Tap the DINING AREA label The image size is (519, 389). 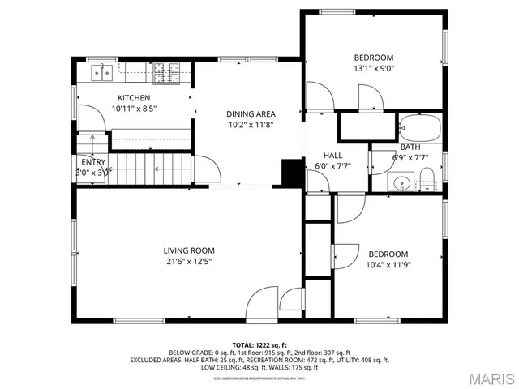pos(250,114)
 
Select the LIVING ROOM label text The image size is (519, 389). pos(188,250)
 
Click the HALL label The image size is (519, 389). pos(332,156)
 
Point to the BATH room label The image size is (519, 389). pos(410,147)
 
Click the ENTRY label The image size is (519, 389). pos(94,161)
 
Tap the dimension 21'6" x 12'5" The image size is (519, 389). pos(188,261)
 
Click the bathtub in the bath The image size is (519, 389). pos(419,128)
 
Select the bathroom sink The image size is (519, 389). pos(399,182)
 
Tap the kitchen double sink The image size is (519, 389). pos(103,73)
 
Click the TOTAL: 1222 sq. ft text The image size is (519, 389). pos(259,344)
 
